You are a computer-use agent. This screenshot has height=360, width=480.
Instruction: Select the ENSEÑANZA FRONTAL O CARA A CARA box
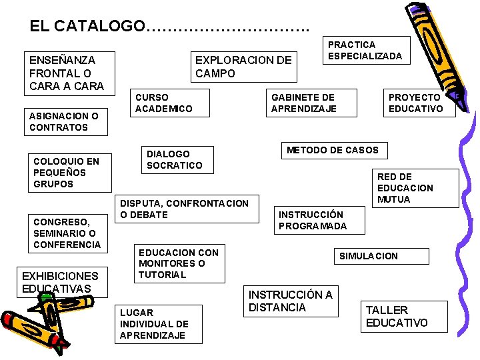67,73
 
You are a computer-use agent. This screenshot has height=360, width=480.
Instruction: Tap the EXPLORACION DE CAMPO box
243,67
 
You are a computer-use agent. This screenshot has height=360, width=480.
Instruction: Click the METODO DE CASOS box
332,151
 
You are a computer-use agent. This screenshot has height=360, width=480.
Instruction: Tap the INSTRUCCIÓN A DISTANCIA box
291,301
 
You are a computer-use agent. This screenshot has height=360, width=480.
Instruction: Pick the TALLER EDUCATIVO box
397,316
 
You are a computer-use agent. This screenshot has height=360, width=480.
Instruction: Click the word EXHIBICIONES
60,276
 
